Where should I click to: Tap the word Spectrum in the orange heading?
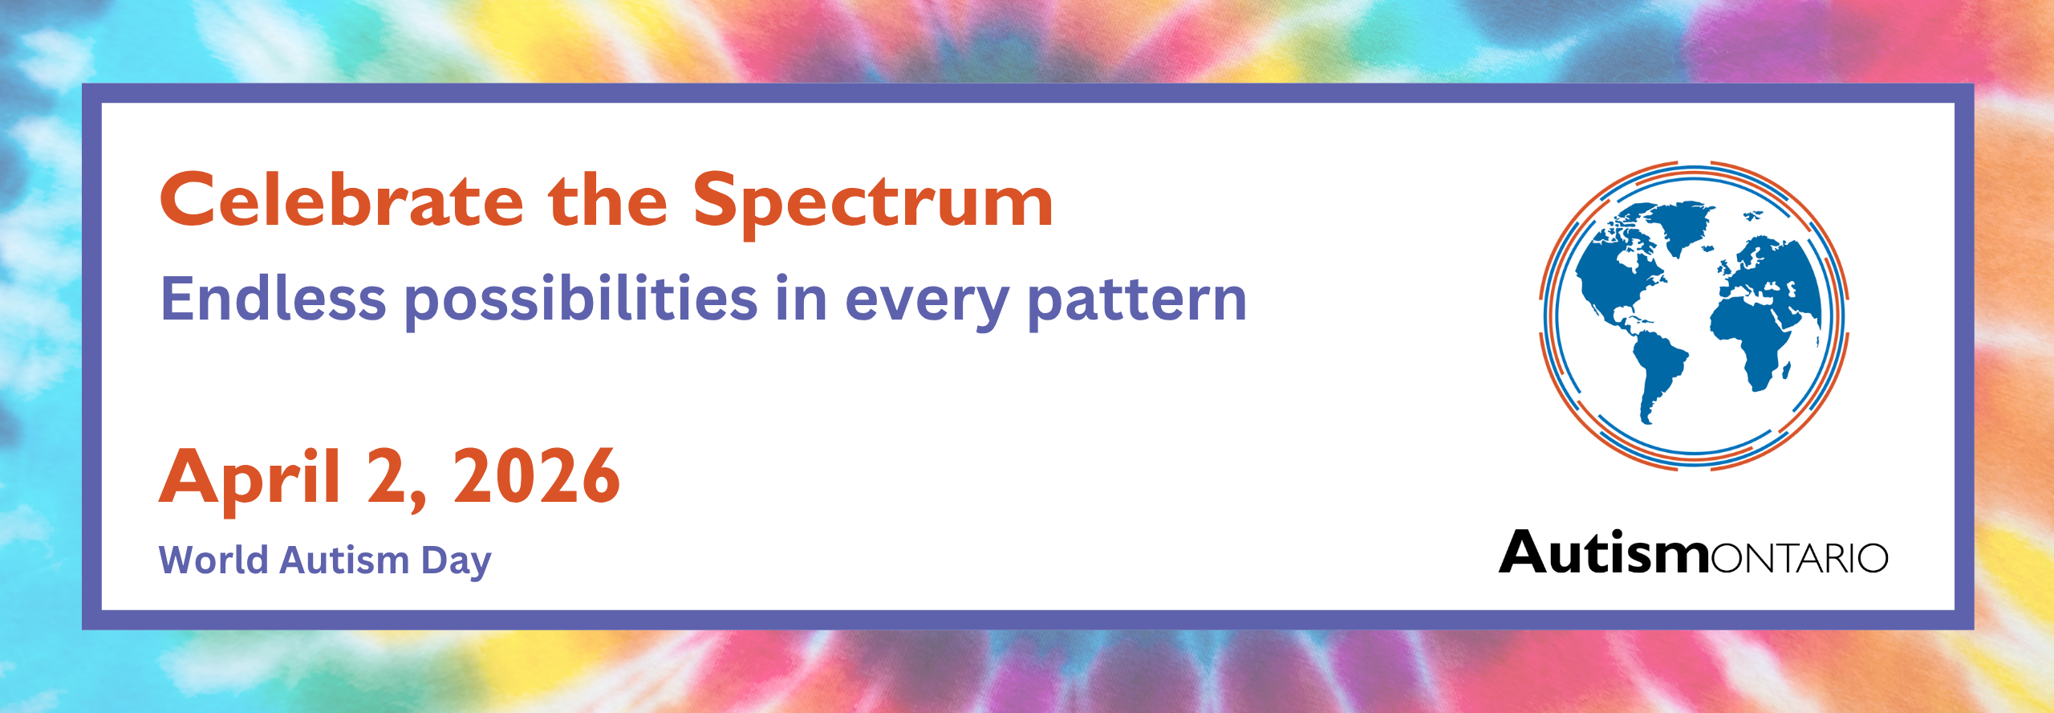[x=873, y=204]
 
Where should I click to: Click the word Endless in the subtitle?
[x=274, y=298]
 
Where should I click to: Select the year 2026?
[x=537, y=475]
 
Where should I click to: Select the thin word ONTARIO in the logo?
[x=1800, y=558]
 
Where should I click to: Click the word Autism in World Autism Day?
[x=344, y=560]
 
